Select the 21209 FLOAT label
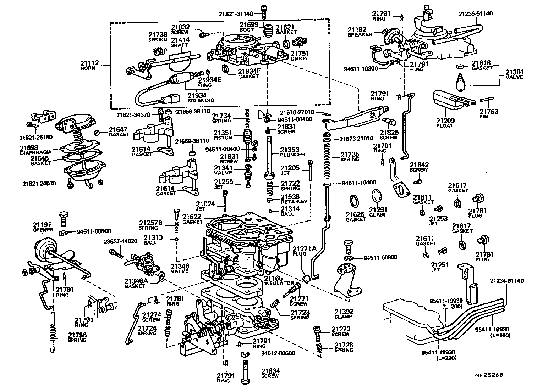coord(445,123)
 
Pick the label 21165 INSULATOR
coord(278,281)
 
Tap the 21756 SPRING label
coord(77,337)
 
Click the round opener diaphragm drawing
coord(44,250)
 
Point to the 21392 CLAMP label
coord(343,314)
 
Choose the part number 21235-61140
coord(475,13)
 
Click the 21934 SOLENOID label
coord(201,97)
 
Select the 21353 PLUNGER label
coord(292,152)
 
